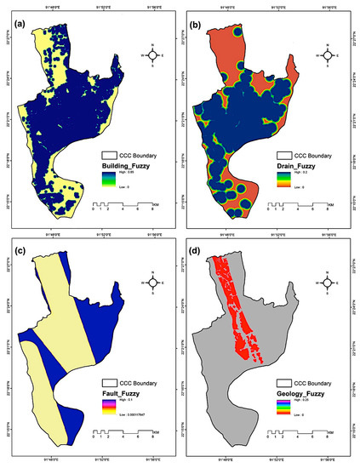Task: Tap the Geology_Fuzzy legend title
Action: (301, 396)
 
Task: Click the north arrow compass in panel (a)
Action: (152, 55)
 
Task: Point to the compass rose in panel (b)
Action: (331, 55)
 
